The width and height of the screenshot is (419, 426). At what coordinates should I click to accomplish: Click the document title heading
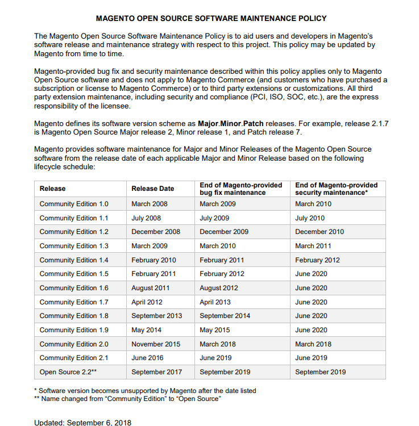point(211,19)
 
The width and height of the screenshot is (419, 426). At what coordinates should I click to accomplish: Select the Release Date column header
point(152,189)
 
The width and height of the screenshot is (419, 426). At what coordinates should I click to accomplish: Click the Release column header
point(52,189)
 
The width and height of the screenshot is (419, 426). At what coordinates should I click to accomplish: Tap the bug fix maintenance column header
point(240,189)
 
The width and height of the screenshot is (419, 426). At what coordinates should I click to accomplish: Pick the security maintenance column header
point(336,189)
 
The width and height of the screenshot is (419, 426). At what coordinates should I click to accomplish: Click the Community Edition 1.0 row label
point(74,204)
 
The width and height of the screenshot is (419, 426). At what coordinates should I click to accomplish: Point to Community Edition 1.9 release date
point(146,330)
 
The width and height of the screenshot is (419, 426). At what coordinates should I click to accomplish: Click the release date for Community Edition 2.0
point(156,344)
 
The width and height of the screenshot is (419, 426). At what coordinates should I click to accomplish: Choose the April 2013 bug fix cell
point(215,302)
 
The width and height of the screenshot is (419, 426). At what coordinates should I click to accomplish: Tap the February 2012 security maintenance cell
point(317,260)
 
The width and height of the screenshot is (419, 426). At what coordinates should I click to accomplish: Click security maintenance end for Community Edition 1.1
point(310,218)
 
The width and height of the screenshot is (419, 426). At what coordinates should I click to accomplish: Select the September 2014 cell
point(225,316)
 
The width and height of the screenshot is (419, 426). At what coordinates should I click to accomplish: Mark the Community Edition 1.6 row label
point(74,288)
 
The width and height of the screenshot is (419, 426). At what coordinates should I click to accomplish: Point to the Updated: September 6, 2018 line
point(83,423)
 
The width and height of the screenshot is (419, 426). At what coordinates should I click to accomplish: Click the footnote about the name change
point(127,399)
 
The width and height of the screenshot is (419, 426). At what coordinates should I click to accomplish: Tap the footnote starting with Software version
point(145,391)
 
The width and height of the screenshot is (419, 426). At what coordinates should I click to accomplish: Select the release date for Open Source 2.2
point(156,372)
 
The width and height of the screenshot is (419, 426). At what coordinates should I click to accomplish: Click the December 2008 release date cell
point(156,232)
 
